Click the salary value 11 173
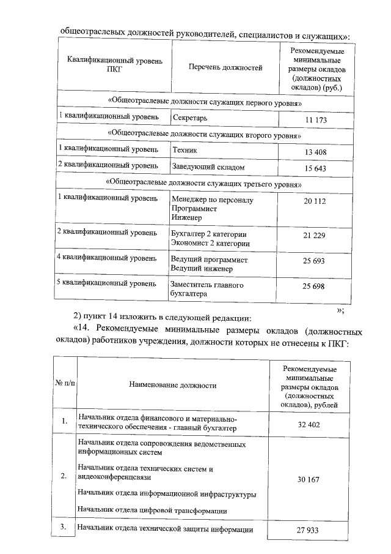click(316, 121)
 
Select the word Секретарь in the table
click(191, 116)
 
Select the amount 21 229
click(316, 236)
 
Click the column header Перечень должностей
click(225, 68)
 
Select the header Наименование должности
click(173, 386)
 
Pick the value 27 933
click(309, 530)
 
